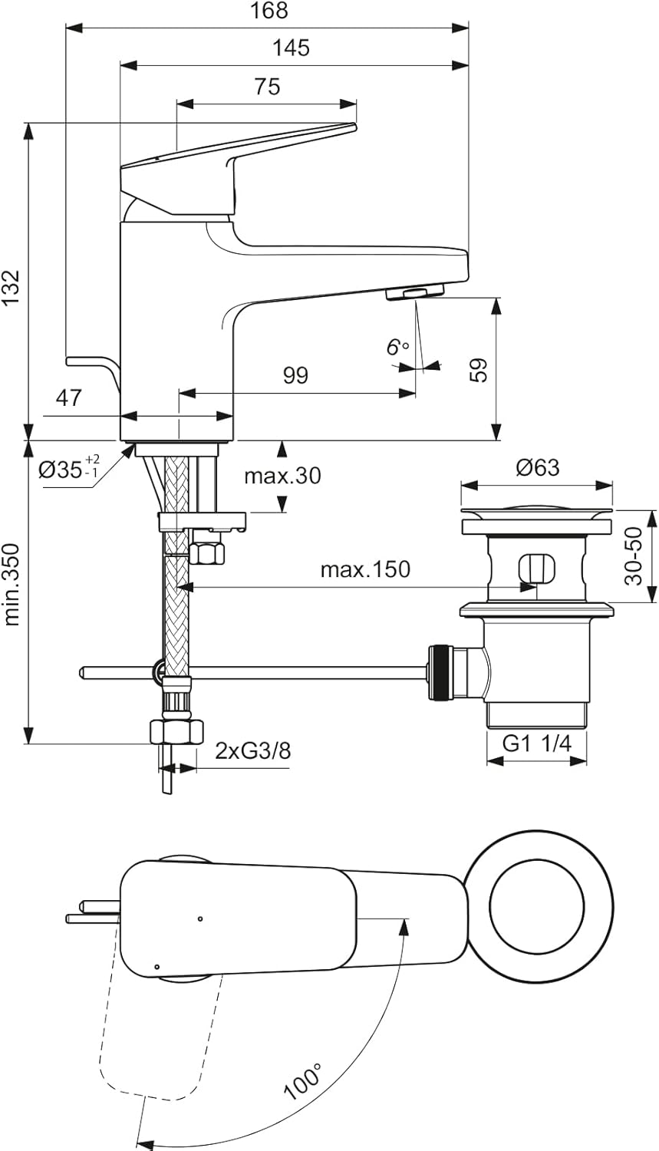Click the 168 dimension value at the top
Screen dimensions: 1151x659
[x=269, y=11]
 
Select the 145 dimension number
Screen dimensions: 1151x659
[x=292, y=48]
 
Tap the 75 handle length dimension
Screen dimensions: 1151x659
[x=267, y=87]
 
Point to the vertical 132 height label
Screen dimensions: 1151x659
[x=11, y=289]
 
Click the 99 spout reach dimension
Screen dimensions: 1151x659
[x=295, y=375]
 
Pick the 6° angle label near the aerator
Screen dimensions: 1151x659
[x=397, y=348]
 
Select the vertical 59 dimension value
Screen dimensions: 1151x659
[x=479, y=371]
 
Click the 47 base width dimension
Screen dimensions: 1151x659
[x=68, y=398]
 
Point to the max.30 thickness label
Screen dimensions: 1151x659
[x=282, y=476]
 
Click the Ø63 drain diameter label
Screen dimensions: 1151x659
[x=537, y=467]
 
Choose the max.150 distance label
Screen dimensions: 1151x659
[x=365, y=569]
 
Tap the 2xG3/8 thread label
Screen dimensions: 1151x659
[x=253, y=750]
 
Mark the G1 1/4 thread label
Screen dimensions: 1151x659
[x=537, y=743]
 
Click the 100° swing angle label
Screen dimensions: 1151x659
[x=302, y=1082]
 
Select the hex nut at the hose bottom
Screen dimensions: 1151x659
[x=176, y=731]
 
